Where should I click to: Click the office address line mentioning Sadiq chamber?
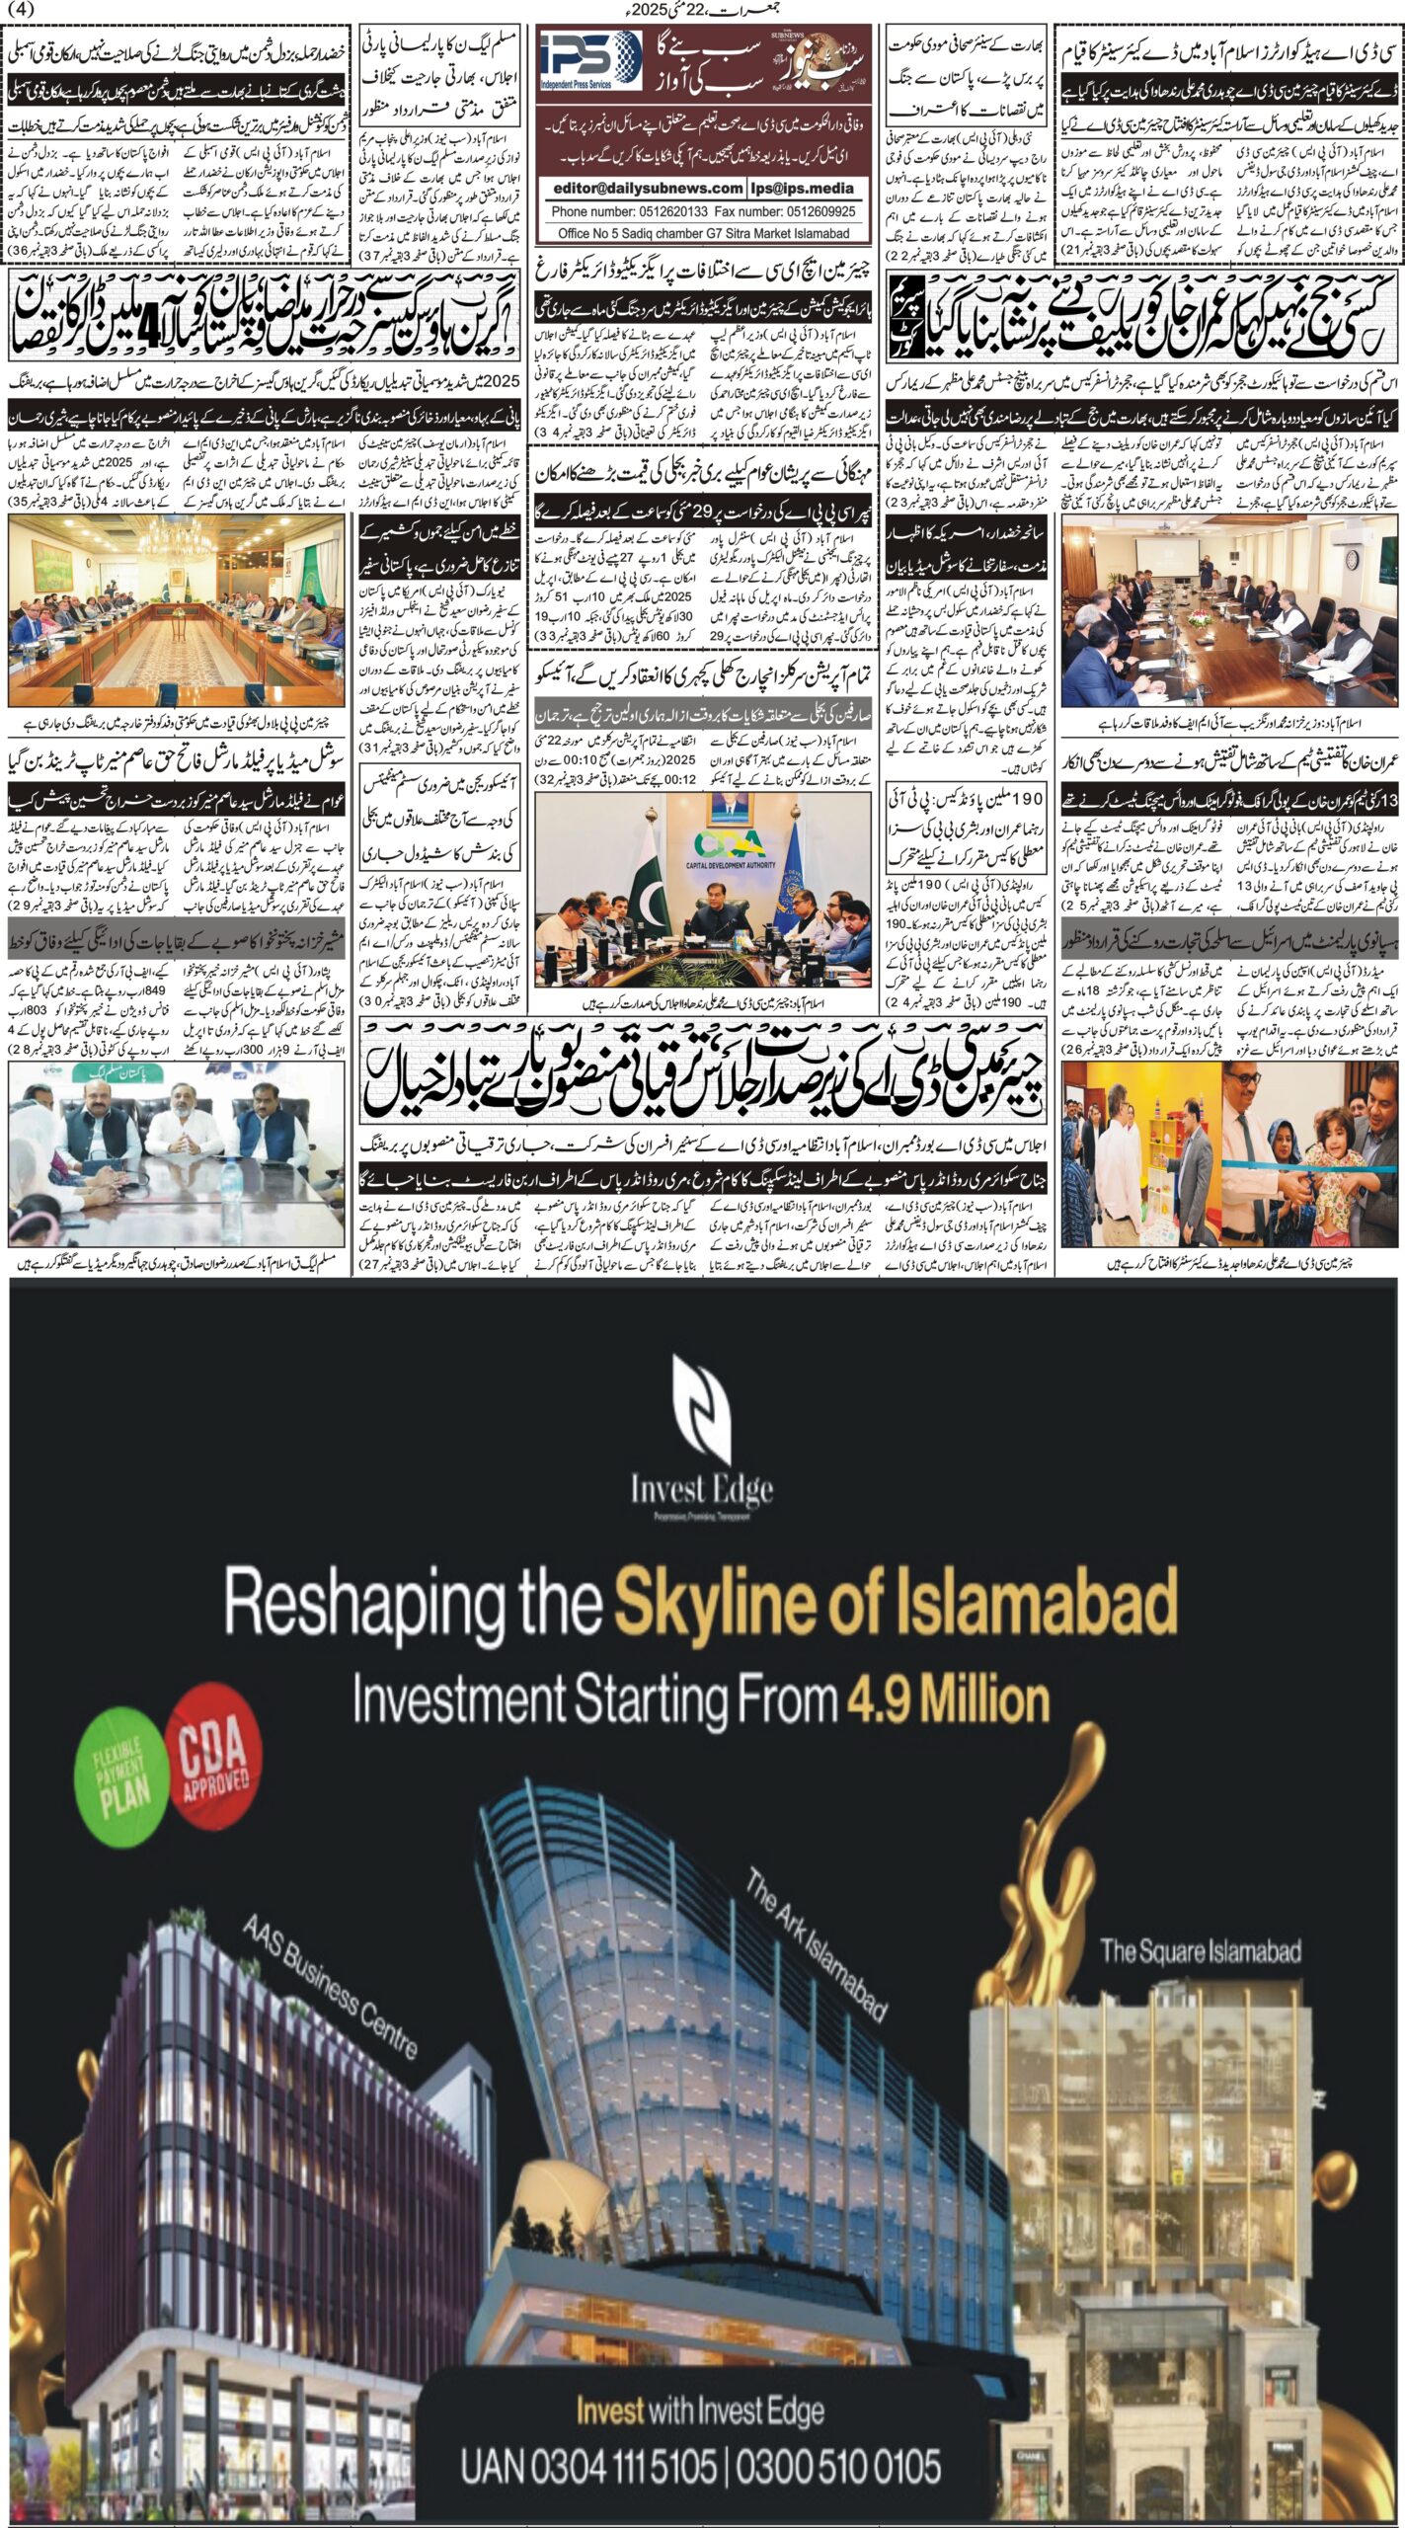coord(703,233)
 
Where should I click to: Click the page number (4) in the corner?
coord(20,9)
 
